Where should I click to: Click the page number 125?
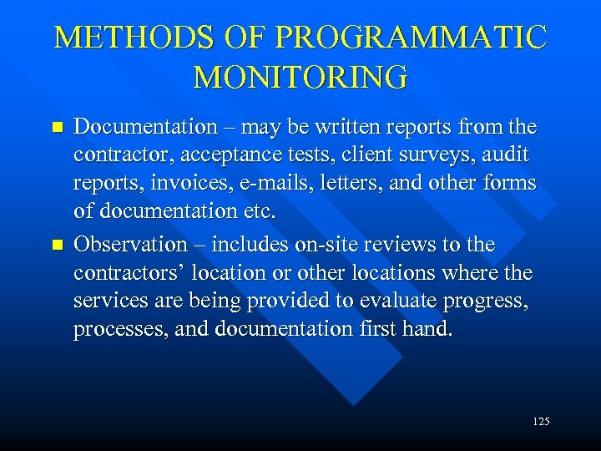(x=540, y=422)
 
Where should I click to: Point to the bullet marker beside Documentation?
(x=57, y=128)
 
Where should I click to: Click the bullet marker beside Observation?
(x=57, y=246)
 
